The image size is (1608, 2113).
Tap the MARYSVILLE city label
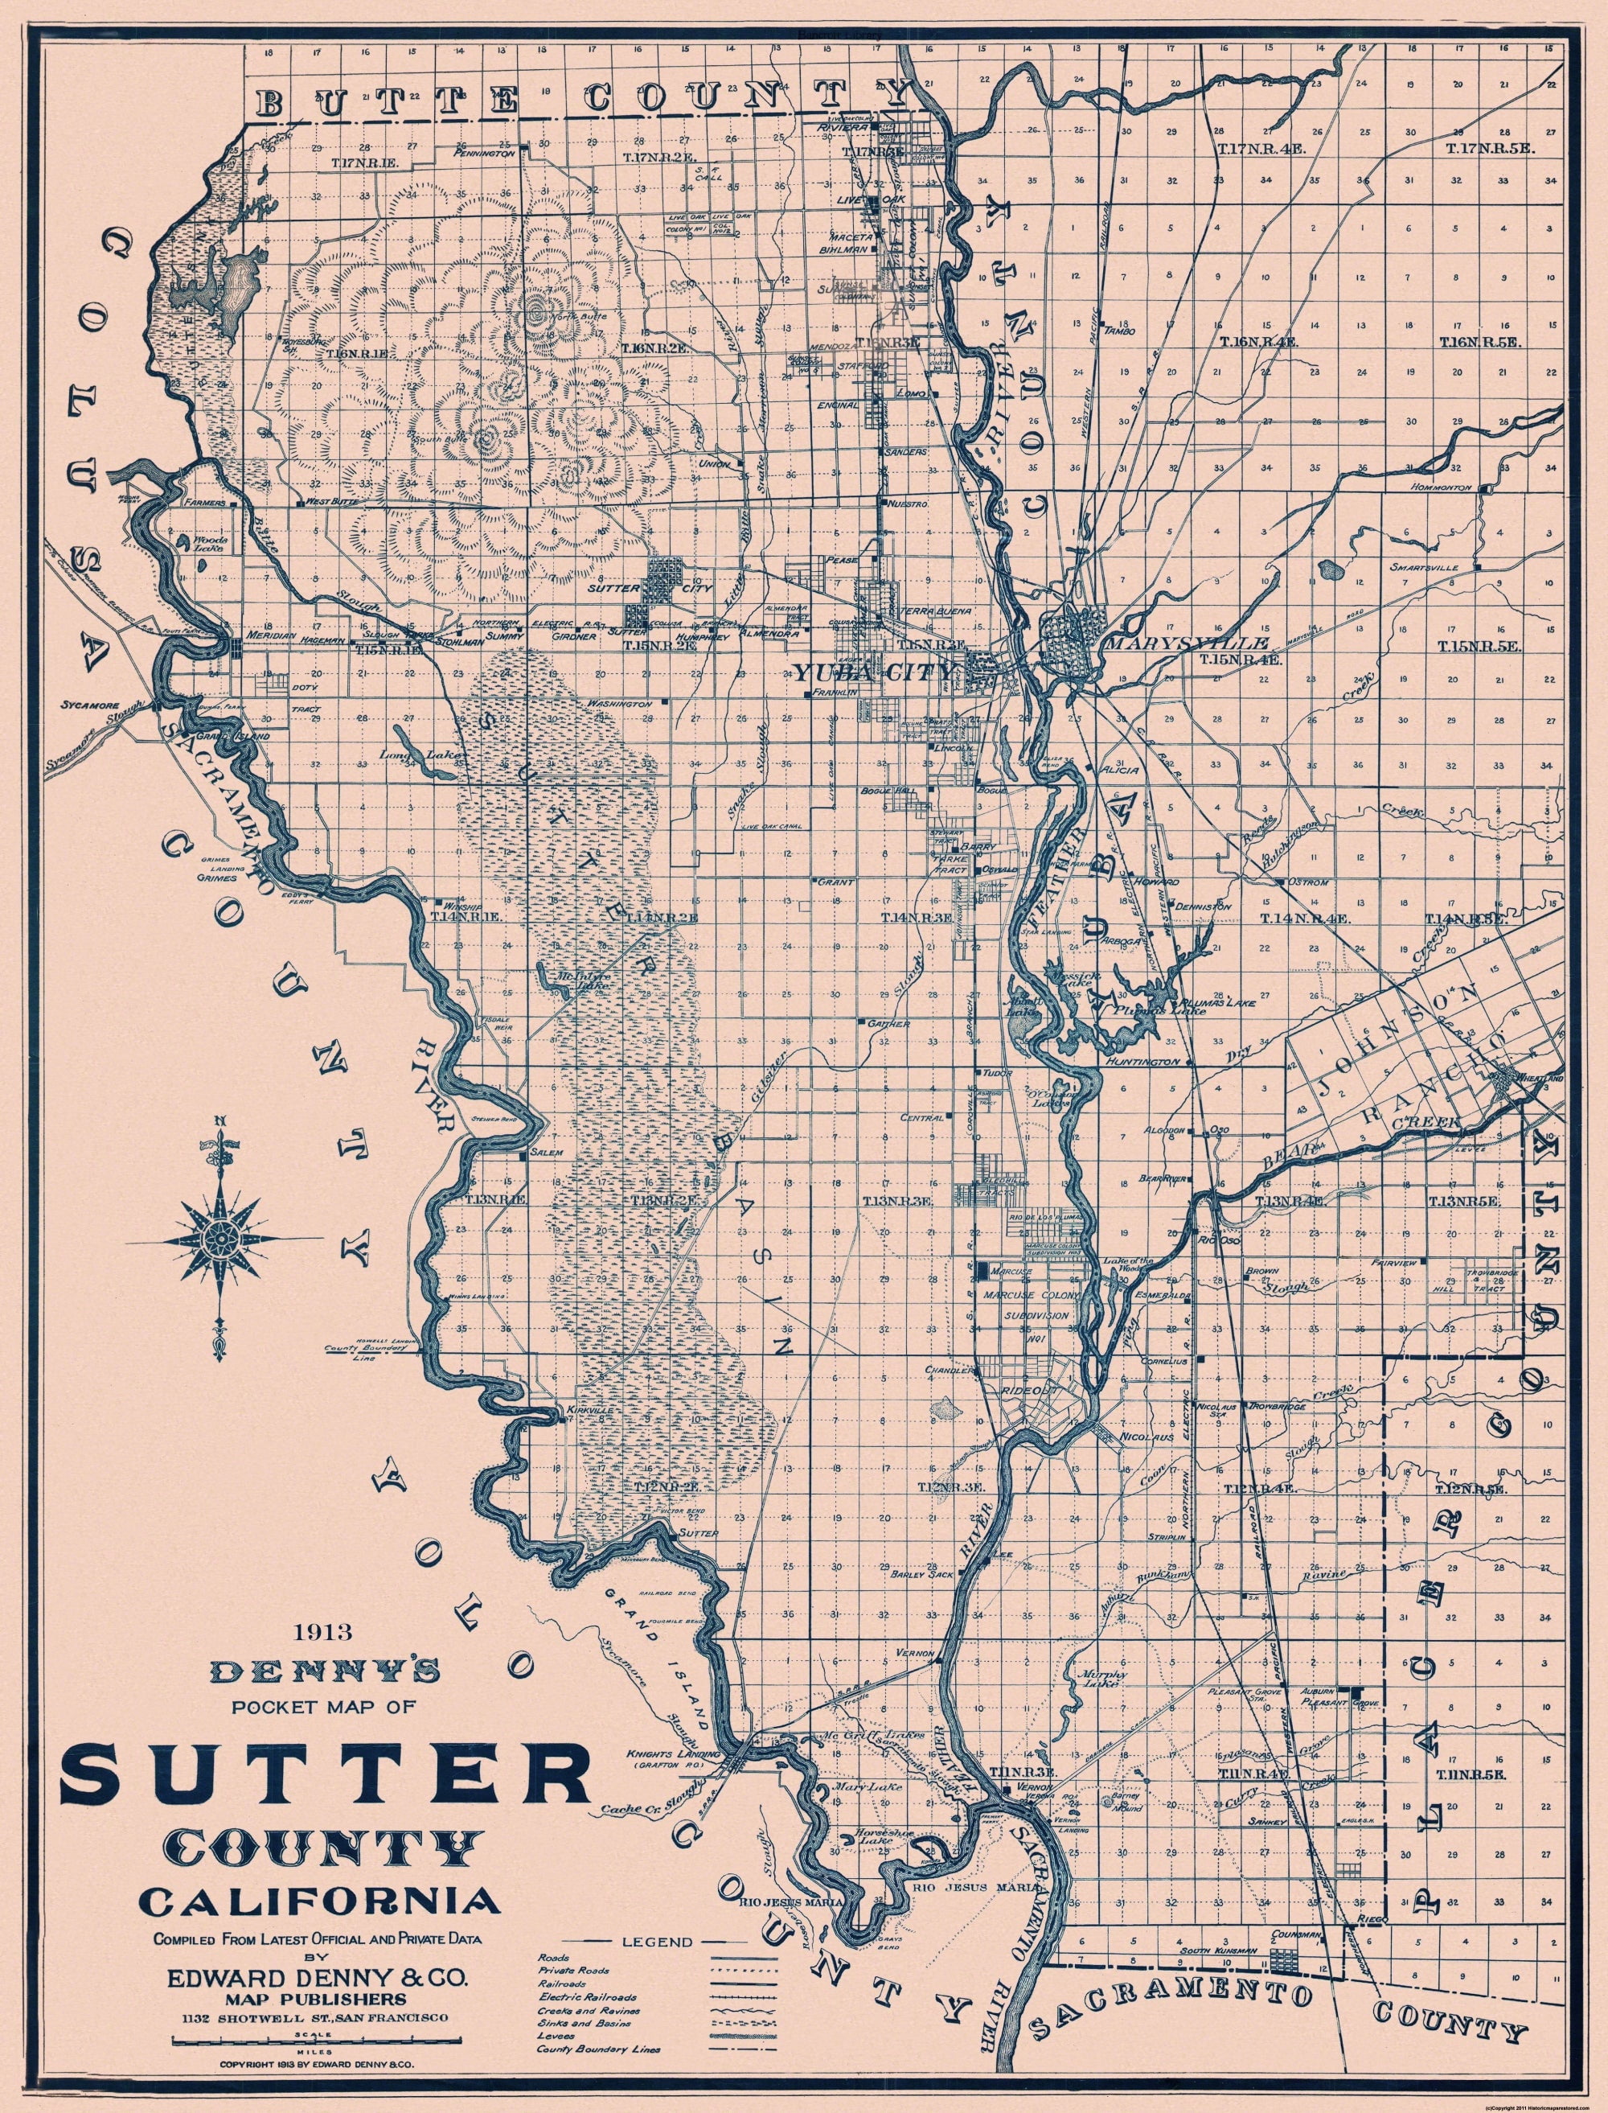click(1187, 643)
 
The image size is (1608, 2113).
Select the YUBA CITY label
click(873, 672)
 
